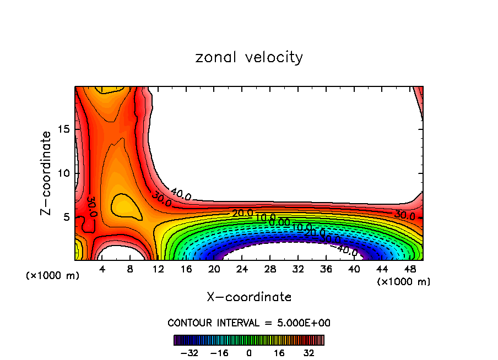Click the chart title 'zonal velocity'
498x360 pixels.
pyautogui.click(x=249, y=57)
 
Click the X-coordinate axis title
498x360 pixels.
pyautogui.click(x=249, y=297)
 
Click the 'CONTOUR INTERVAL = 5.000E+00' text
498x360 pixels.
pyautogui.click(x=249, y=323)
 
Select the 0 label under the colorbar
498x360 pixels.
pyautogui.click(x=249, y=353)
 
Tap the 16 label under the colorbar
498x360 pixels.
pyautogui.click(x=280, y=353)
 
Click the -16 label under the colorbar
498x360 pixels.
pyautogui.click(x=219, y=353)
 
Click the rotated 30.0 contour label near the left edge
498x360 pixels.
pyautogui.click(x=91, y=206)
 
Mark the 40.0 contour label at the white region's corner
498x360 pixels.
pyautogui.click(x=181, y=194)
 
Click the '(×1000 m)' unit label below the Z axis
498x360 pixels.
pyautogui.click(x=53, y=275)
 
